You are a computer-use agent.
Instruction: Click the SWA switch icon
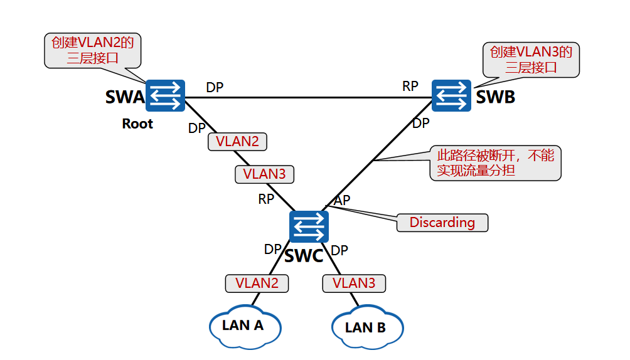[x=165, y=96]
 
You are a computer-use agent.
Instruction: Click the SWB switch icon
[x=452, y=96]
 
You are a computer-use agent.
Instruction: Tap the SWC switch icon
[x=309, y=226]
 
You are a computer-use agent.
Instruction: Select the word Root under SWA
[x=137, y=124]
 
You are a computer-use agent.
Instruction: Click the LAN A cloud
[x=243, y=325]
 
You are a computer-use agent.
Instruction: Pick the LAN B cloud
[x=366, y=327]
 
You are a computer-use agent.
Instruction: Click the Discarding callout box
[x=442, y=222]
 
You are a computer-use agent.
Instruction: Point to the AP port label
[x=342, y=200]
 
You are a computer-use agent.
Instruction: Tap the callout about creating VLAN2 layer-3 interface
[x=93, y=51]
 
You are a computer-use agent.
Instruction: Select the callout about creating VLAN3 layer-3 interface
[x=531, y=60]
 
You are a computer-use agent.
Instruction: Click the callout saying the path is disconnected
[x=495, y=163]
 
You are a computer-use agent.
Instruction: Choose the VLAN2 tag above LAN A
[x=257, y=283]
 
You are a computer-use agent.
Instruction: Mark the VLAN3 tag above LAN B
[x=354, y=283]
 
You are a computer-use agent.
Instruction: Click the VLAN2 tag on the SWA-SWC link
[x=237, y=141]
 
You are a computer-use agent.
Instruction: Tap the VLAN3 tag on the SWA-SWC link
[x=264, y=174]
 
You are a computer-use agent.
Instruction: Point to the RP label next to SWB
[x=410, y=87]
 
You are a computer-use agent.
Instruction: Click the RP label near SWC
[x=266, y=199]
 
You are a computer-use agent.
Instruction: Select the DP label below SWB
[x=421, y=123]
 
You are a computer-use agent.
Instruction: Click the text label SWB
[x=495, y=97]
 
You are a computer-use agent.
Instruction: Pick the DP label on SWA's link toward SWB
[x=215, y=88]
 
